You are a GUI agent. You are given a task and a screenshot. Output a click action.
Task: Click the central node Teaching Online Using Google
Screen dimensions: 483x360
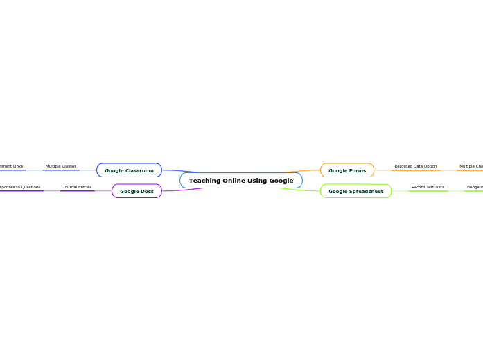coord(240,181)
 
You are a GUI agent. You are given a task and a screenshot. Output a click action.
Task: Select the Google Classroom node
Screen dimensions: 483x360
coord(129,170)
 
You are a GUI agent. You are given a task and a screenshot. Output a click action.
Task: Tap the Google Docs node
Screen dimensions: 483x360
coord(137,191)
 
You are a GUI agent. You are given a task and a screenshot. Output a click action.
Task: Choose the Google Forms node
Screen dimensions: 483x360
coord(346,170)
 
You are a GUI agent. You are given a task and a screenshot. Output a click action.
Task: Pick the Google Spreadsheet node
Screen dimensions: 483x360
coord(355,191)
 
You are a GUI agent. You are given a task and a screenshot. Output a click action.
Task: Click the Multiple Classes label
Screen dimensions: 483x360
coord(61,166)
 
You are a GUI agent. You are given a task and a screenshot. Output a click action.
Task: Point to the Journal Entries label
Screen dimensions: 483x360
coord(77,187)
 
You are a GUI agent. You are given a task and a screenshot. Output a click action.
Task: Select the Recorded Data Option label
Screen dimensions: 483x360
coord(415,166)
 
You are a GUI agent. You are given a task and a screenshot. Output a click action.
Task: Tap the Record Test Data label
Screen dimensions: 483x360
coord(428,187)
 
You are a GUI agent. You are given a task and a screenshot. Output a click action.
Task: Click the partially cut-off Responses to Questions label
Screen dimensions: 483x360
coord(19,187)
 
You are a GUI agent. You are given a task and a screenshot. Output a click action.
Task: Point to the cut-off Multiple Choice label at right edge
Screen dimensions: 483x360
coord(471,166)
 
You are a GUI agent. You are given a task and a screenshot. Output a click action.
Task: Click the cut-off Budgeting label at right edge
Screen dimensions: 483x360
coord(475,187)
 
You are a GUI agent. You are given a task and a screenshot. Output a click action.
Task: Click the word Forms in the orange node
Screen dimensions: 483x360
coord(358,170)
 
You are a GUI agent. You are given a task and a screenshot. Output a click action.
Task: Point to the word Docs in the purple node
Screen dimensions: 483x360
coord(146,191)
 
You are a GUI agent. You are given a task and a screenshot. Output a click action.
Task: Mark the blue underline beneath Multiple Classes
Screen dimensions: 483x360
coord(61,170)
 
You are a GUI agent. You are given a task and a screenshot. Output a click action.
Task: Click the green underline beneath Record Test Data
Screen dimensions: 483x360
coord(428,191)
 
